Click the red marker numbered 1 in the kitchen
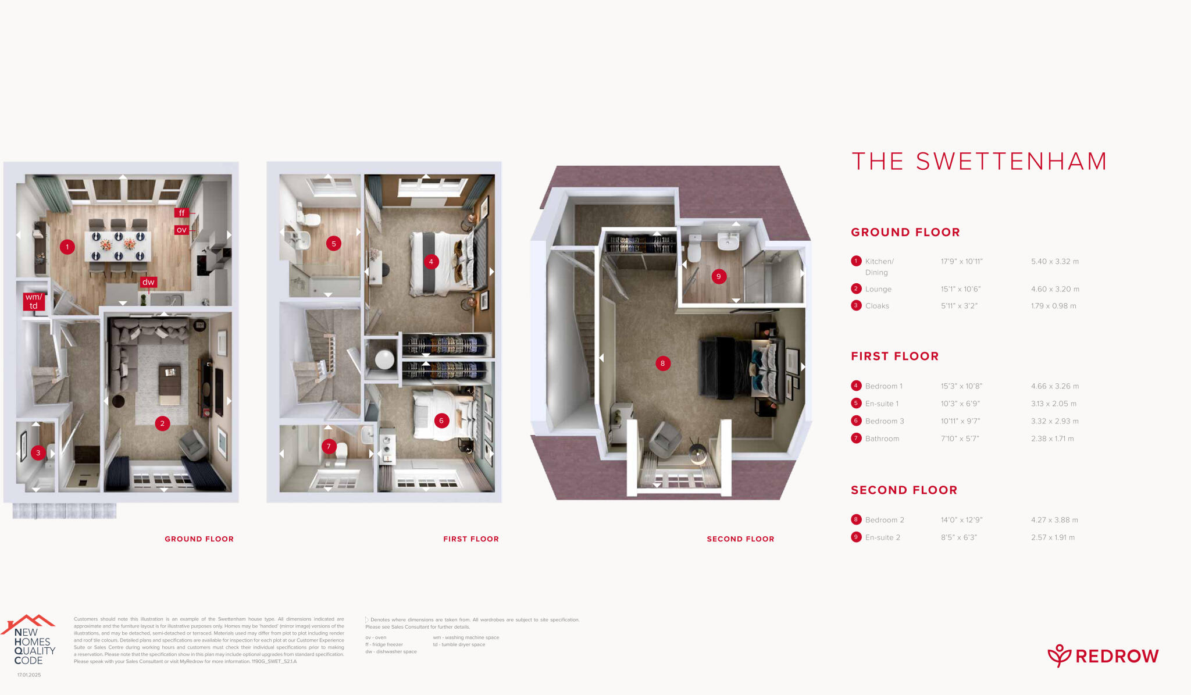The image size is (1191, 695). coord(67,247)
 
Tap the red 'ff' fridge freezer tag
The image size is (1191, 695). coord(181,213)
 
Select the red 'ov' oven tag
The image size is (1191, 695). coord(181,230)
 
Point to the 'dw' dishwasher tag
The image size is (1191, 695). coord(148,282)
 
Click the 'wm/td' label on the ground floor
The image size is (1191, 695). coord(34,301)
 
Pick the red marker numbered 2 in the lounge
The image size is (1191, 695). coord(162,423)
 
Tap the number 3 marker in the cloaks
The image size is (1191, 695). coord(38,452)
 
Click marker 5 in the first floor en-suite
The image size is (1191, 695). coord(334,244)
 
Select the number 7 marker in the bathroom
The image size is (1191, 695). coord(329,447)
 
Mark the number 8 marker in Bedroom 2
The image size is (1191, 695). coord(662,363)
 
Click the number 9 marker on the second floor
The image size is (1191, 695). coord(719,276)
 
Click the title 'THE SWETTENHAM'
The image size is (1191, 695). coord(979,162)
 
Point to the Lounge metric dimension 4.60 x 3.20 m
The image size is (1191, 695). coord(1055,289)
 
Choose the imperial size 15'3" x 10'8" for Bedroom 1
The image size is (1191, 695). coord(961,386)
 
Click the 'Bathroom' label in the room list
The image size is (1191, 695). coord(882,439)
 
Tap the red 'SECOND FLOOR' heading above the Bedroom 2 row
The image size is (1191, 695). coord(904,490)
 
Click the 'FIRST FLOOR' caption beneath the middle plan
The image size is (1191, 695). coord(471,539)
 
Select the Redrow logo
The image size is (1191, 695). coord(1103,656)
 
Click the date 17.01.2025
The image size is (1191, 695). coord(29,675)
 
